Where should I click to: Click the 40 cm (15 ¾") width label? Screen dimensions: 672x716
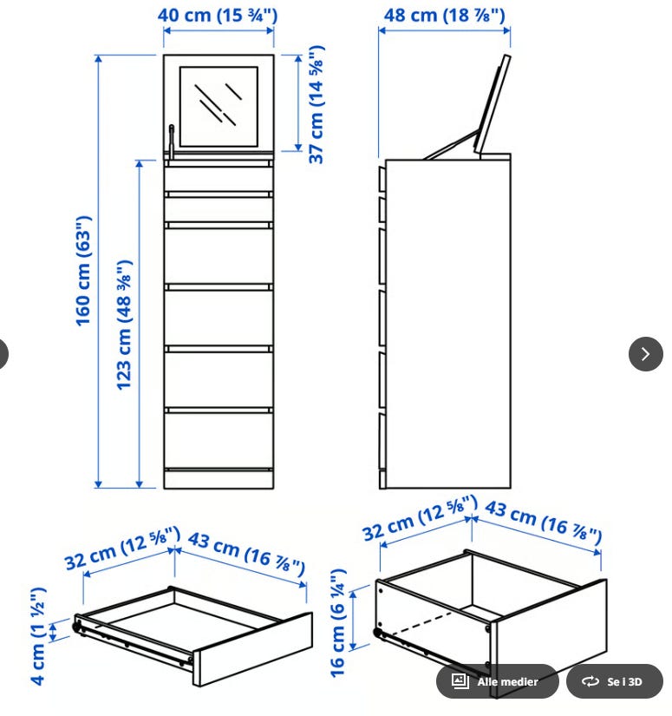(218, 15)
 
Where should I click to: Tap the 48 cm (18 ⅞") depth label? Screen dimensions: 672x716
(444, 15)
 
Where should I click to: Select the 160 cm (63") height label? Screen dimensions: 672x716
(84, 271)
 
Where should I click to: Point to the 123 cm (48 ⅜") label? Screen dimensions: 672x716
(124, 325)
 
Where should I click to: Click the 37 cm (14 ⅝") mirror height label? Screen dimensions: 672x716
(316, 104)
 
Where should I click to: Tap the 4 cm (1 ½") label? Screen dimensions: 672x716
(38, 636)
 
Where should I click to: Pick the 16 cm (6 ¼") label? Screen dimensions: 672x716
(338, 623)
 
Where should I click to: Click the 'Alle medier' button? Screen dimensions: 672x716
(497, 681)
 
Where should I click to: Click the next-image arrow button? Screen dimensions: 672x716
(645, 354)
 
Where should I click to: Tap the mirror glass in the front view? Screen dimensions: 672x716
(219, 107)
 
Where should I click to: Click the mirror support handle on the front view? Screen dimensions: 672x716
(171, 140)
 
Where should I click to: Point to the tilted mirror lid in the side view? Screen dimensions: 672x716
(493, 104)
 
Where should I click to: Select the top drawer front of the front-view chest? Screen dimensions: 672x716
(219, 179)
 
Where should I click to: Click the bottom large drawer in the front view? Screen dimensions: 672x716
(219, 440)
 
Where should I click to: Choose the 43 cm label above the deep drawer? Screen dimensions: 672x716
(543, 522)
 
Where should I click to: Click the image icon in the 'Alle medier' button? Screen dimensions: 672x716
(460, 681)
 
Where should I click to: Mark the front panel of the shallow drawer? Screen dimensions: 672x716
(252, 649)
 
